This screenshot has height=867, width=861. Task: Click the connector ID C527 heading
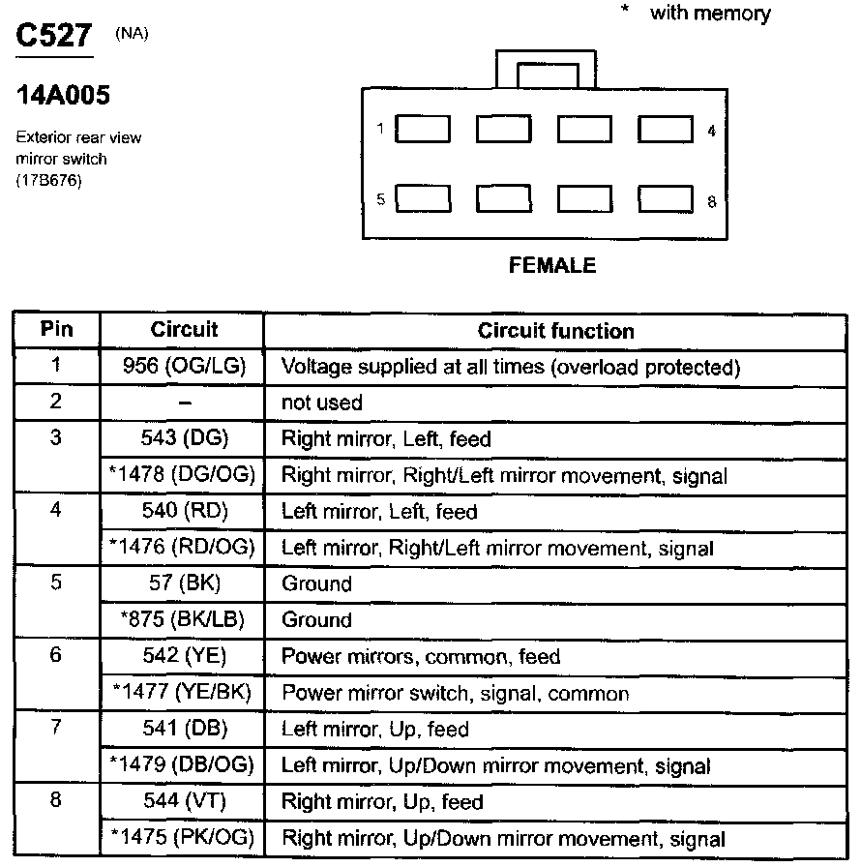pyautogui.click(x=54, y=37)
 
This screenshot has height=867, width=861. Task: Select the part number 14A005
pyautogui.click(x=63, y=96)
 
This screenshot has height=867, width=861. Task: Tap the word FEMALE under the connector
pyautogui.click(x=552, y=265)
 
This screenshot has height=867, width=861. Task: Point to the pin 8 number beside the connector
pyautogui.click(x=711, y=201)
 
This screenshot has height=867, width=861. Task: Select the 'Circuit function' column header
pyautogui.click(x=555, y=331)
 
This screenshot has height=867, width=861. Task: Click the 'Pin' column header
pyautogui.click(x=56, y=329)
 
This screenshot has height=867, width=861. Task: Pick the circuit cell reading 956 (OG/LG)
pyautogui.click(x=184, y=367)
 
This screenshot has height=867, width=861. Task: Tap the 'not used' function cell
pyautogui.click(x=321, y=403)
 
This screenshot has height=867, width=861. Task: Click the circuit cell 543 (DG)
pyautogui.click(x=184, y=438)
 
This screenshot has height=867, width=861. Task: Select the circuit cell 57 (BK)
pyautogui.click(x=184, y=583)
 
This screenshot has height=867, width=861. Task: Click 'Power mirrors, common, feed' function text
pyautogui.click(x=420, y=656)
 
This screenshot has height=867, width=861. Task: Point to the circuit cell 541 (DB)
pyautogui.click(x=184, y=729)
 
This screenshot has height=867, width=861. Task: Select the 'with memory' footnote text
pyautogui.click(x=710, y=14)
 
